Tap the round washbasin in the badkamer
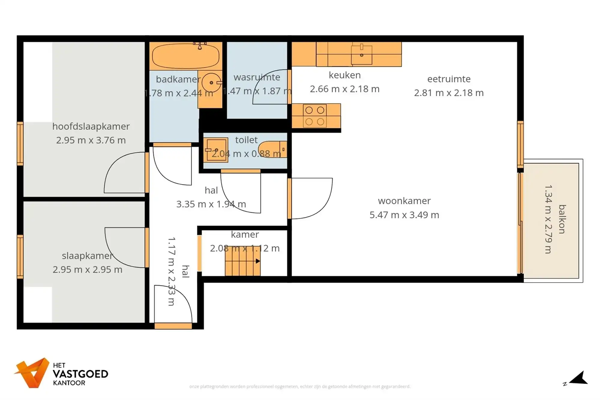click(x=211, y=83)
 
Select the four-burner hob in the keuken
click(x=315, y=116)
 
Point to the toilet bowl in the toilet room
click(x=272, y=149)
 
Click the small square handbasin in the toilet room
click(x=216, y=150)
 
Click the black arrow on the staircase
click(x=258, y=261)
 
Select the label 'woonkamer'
click(x=404, y=201)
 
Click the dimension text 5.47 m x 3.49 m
click(x=404, y=215)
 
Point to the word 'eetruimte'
click(x=449, y=79)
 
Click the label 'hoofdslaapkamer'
click(x=91, y=126)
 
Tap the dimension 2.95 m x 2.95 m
click(x=87, y=269)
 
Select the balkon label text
click(x=562, y=219)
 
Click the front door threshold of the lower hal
click(x=173, y=326)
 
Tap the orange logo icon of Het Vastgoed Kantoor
click(x=32, y=373)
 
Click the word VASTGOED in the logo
click(x=80, y=374)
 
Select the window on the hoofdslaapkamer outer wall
click(x=20, y=143)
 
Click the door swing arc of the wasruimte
click(x=264, y=90)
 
